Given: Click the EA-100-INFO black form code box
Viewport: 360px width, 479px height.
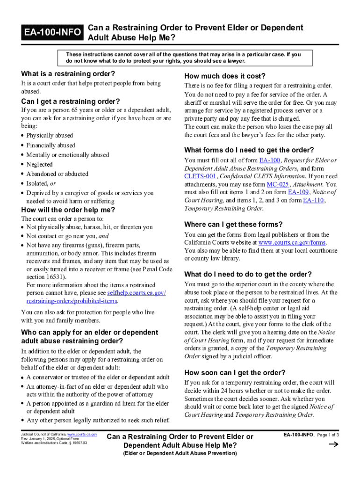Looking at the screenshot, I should (52, 32).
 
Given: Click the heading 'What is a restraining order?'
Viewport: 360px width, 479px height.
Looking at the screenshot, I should (68, 74).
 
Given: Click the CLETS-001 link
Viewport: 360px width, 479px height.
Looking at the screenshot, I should (200, 176).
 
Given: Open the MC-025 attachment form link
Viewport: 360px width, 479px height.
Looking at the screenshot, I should (277, 184).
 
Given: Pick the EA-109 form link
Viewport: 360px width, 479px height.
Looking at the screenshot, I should (298, 192).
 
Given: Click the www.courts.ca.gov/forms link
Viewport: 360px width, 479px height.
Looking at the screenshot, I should (292, 242).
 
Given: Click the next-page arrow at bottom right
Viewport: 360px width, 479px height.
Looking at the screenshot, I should (333, 445).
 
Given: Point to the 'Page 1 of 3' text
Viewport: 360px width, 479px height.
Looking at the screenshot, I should (328, 435).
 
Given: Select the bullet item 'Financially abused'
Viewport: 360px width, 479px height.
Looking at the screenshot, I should (50, 145).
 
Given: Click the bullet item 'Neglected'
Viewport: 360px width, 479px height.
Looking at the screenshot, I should (39, 164).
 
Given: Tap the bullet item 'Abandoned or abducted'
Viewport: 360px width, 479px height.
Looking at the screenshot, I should (57, 174).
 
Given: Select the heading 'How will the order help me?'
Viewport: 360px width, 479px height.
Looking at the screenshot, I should (68, 210).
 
